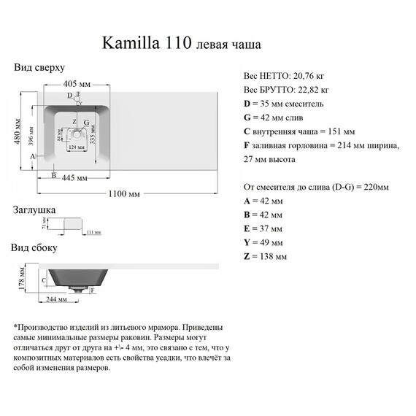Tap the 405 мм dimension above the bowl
click(x=75, y=83)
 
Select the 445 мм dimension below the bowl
click(x=76, y=178)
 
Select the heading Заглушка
click(x=34, y=210)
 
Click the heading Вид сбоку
click(x=34, y=247)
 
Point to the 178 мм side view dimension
click(x=22, y=277)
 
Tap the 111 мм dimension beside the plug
click(x=93, y=232)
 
